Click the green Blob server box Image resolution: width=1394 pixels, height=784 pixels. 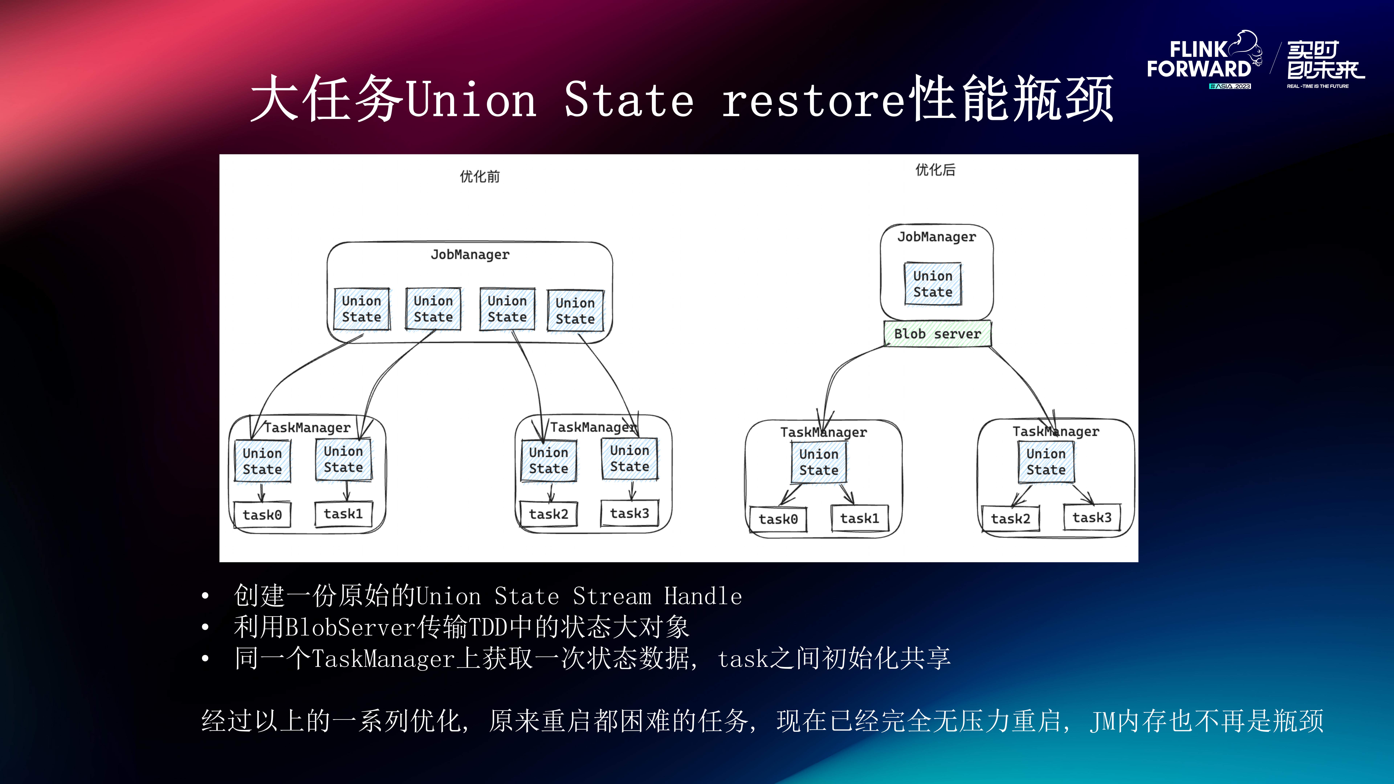tap(937, 334)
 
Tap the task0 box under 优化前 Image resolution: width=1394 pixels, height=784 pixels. tap(262, 514)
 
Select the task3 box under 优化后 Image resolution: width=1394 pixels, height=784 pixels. tap(1091, 518)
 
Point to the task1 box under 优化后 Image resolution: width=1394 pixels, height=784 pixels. tap(859, 518)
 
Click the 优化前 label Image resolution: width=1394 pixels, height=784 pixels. tap(479, 176)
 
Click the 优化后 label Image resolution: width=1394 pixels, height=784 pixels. tap(935, 170)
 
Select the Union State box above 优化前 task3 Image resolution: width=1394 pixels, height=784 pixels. tap(629, 458)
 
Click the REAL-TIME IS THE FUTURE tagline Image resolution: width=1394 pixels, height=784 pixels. tap(1318, 86)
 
